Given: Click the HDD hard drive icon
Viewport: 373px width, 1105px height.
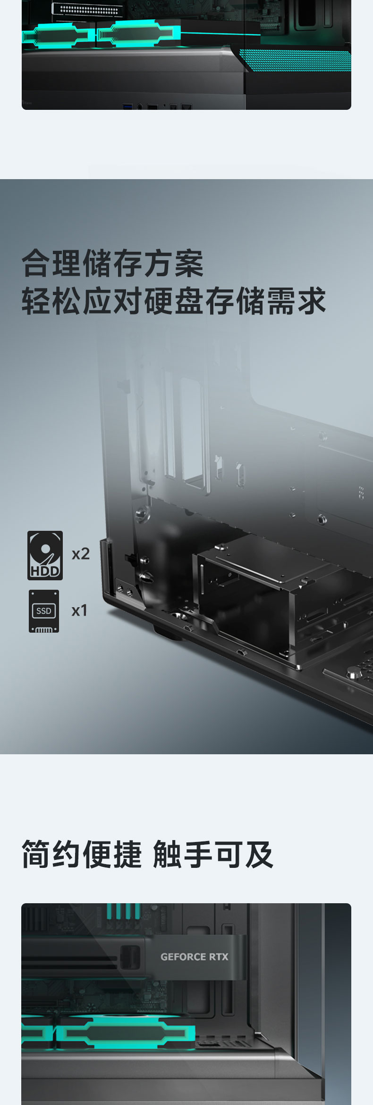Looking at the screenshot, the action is point(45,555).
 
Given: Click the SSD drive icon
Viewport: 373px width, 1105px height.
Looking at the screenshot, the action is point(44,611).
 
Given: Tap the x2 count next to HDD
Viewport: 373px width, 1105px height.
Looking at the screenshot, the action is point(81,553).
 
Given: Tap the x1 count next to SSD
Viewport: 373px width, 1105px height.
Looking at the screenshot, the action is point(79,610).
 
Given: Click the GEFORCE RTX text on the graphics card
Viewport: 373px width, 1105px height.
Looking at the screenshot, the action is point(194,957).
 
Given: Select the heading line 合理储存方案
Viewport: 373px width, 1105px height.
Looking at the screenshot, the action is point(112,264).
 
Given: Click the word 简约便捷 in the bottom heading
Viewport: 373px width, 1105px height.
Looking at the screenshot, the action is point(82,854).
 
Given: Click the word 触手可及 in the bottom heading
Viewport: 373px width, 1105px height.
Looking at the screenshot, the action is point(213,854).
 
